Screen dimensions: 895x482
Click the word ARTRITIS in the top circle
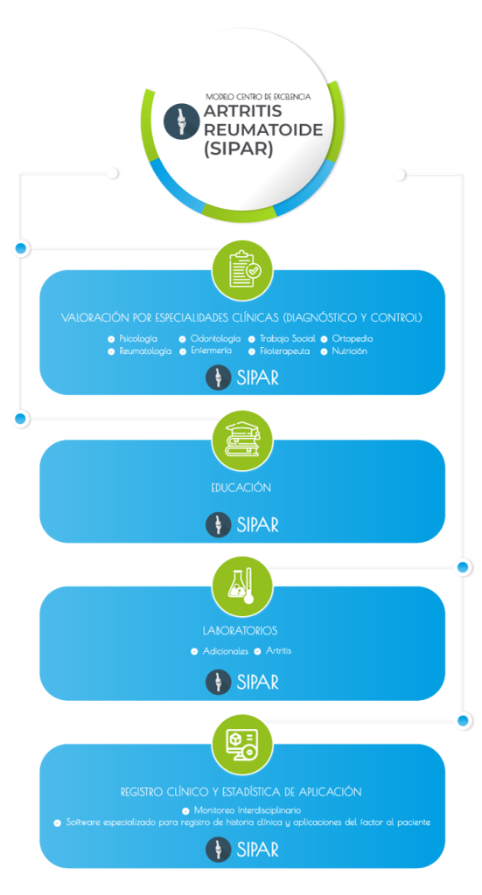tap(241, 112)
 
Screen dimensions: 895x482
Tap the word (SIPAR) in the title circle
tap(239, 149)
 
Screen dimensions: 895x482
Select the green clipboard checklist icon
tap(242, 269)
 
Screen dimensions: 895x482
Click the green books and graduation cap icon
tap(242, 441)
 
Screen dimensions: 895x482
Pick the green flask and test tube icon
tap(242, 586)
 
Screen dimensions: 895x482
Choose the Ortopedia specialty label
tap(353, 338)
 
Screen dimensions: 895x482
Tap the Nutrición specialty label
tap(349, 351)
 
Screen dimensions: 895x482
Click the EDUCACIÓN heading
tap(241, 488)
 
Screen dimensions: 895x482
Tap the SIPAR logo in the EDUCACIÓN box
tap(242, 524)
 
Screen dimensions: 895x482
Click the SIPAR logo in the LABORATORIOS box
tap(242, 682)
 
